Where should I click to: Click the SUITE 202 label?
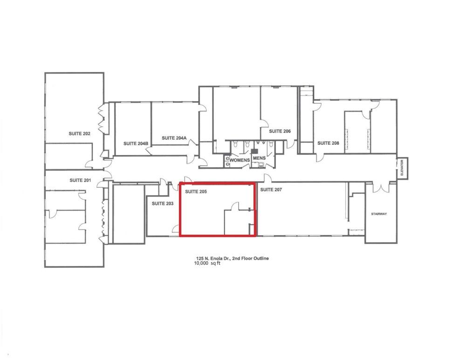point(79,134)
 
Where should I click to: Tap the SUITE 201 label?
point(80,180)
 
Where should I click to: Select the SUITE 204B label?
point(136,143)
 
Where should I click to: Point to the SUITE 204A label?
point(174,138)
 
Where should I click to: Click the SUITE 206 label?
point(280,131)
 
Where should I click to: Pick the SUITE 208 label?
point(328,143)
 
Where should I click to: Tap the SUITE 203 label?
point(163,204)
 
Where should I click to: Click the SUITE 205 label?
point(196,191)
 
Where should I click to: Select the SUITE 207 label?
point(271,189)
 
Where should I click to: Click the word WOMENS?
point(240,160)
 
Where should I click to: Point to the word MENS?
point(259,158)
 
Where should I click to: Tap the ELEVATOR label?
point(402,168)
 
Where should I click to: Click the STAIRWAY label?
point(379,214)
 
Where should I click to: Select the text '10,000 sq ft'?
point(207,263)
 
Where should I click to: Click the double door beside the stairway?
point(381,187)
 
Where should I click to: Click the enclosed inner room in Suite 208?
point(357,132)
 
